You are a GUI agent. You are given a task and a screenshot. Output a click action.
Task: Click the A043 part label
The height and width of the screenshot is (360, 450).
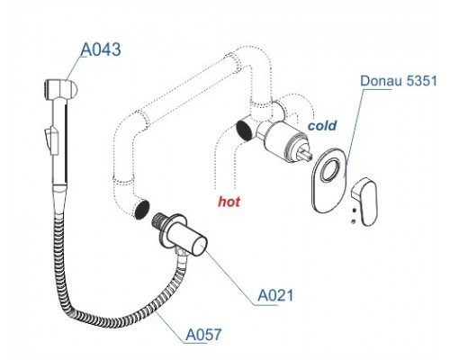click(101, 49)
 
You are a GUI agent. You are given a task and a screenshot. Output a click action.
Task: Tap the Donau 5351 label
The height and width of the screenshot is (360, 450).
click(399, 81)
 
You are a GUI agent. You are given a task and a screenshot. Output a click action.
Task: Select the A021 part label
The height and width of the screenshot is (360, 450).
click(275, 295)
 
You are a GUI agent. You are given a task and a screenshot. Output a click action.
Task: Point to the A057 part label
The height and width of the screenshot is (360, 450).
click(203, 334)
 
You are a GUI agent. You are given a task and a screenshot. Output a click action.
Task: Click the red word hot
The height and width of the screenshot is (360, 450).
click(229, 202)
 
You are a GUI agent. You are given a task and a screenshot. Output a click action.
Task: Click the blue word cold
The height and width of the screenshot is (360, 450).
click(322, 125)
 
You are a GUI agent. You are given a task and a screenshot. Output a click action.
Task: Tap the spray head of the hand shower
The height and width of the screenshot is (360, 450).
click(61, 89)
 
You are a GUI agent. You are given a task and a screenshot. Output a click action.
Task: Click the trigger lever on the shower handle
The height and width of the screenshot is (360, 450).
click(50, 139)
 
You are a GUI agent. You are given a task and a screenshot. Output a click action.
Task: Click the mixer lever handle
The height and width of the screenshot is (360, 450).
click(364, 201)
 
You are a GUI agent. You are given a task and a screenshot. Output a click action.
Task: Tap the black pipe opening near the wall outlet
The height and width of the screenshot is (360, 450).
click(142, 210)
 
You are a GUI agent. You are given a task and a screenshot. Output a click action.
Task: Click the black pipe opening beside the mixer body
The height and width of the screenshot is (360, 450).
click(245, 130)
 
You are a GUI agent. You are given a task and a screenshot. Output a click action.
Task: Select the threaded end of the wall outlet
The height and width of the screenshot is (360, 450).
click(158, 221)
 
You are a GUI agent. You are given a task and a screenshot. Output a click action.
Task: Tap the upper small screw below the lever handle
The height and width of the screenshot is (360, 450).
click(354, 211)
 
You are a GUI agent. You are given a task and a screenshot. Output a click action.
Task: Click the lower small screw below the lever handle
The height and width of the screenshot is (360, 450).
click(354, 221)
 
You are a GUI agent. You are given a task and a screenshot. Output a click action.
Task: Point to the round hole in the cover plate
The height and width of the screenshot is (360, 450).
click(330, 170)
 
